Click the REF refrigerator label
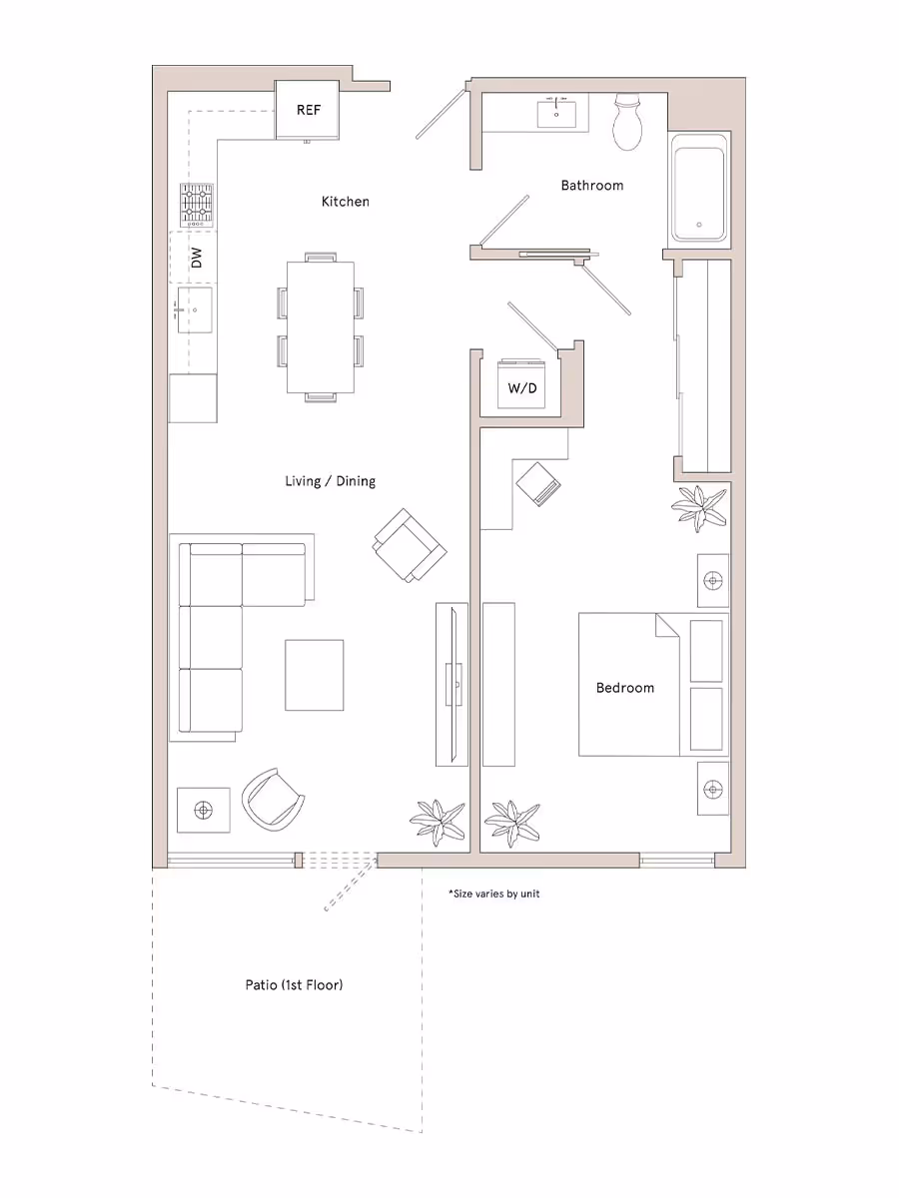point(309,110)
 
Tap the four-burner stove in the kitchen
point(197,206)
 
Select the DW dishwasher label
point(197,258)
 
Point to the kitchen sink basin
point(196,310)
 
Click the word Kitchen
point(345,202)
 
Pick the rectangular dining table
point(320,327)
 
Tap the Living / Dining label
point(330,481)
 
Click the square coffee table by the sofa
point(315,675)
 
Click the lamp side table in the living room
point(203,810)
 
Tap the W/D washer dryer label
point(522,387)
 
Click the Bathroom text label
point(591,185)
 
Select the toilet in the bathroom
point(628,122)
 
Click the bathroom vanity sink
point(556,114)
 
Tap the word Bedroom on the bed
point(625,687)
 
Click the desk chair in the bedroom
point(540,484)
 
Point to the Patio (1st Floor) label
point(294,985)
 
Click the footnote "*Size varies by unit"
point(493,894)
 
